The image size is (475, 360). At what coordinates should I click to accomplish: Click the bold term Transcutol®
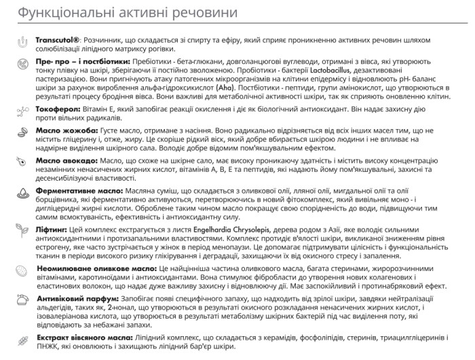point(58,41)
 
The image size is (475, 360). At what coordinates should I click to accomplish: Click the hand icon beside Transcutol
point(20,42)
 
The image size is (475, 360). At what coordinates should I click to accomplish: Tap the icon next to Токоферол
point(20,109)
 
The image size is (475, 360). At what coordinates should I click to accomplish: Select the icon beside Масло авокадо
point(20,162)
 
